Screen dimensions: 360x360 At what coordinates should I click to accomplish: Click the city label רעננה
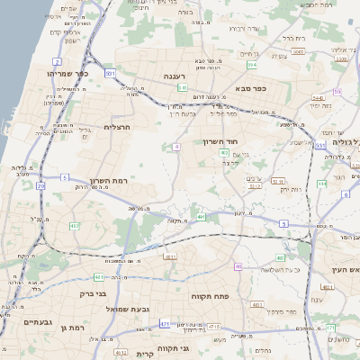pyautogui.click(x=175, y=77)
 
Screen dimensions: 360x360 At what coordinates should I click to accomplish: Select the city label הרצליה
pyautogui.click(x=118, y=127)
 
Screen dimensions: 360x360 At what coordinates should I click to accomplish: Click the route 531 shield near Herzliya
pyautogui.click(x=110, y=73)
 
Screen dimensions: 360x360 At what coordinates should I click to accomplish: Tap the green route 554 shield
pyautogui.click(x=252, y=65)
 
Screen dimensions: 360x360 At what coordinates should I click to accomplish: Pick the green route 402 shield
pyautogui.click(x=224, y=153)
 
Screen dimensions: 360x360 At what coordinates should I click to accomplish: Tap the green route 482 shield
pyautogui.click(x=74, y=225)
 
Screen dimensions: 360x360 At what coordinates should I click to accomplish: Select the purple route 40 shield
pyautogui.click(x=238, y=266)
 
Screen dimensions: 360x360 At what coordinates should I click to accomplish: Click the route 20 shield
pyautogui.click(x=40, y=185)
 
